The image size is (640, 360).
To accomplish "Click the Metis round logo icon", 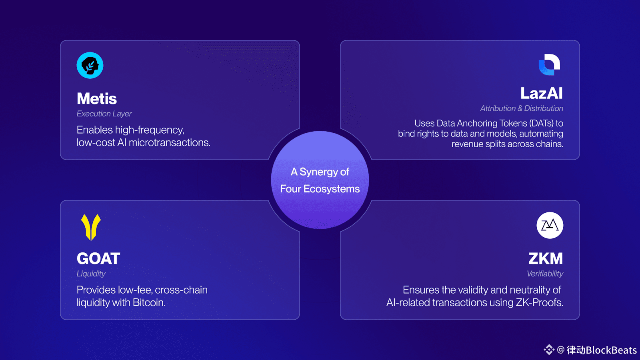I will click(90, 65).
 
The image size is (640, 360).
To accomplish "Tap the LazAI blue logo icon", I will click(549, 64).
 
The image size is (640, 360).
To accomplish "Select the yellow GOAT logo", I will click(91, 227).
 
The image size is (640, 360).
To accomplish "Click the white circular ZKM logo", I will click(550, 225).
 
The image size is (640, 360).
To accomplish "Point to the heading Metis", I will click(97, 99).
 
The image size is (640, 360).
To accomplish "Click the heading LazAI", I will click(542, 94).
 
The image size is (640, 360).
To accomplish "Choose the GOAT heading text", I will click(98, 259).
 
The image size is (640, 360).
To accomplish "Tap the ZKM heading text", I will click(546, 259).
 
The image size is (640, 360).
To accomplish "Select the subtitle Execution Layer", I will click(104, 114).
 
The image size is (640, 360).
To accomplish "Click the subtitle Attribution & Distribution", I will click(522, 108).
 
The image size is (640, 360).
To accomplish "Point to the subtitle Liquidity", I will click(91, 274).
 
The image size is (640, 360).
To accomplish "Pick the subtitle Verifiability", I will click(545, 274).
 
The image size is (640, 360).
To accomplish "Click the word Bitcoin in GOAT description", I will click(149, 303).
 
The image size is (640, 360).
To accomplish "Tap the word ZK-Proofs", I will click(539, 303).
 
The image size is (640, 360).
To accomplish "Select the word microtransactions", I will click(169, 143).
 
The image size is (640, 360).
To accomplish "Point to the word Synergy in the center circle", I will click(319, 172).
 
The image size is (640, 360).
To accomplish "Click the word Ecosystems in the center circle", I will click(332, 189).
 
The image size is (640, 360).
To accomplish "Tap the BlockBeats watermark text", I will click(611, 350).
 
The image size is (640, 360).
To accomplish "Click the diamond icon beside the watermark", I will click(549, 350).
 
